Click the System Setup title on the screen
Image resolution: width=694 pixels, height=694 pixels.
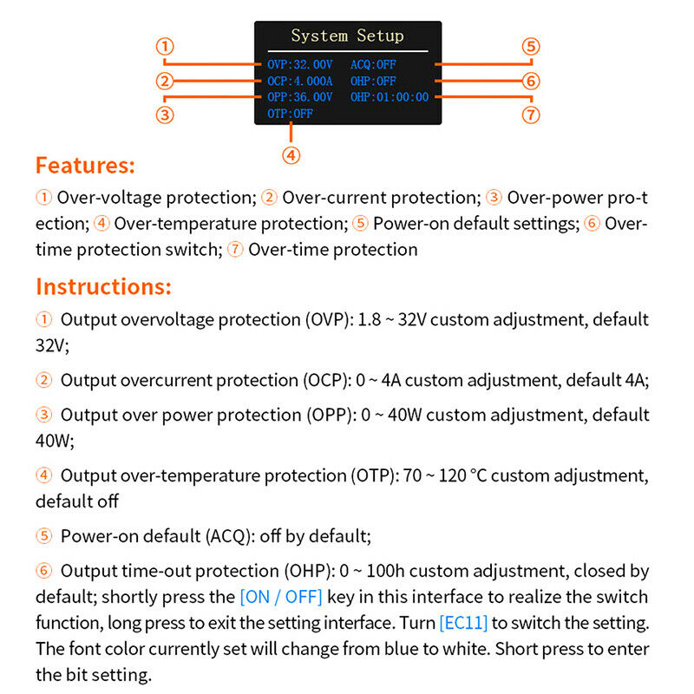tap(347, 36)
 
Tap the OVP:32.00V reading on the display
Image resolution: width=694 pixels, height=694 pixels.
tap(299, 64)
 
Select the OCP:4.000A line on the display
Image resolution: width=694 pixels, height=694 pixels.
tap(299, 81)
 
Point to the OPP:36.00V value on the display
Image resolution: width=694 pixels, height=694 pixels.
tap(299, 97)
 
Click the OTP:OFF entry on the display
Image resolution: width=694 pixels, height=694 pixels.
tap(290, 113)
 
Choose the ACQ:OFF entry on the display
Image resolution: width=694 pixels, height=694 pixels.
tap(373, 64)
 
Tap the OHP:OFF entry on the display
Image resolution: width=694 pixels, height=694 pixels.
tap(373, 81)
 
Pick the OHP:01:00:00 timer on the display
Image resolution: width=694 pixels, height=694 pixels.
tap(390, 97)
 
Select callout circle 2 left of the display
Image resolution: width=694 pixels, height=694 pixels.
tap(167, 82)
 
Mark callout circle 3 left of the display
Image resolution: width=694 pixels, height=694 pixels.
tap(167, 114)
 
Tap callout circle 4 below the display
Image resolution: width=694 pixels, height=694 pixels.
tap(291, 155)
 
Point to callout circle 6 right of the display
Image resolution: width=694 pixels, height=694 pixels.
tap(531, 82)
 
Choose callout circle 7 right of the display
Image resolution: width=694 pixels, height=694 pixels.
tap(531, 114)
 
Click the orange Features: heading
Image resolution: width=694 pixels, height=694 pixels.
tap(85, 166)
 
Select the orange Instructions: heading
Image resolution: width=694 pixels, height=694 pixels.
tap(103, 287)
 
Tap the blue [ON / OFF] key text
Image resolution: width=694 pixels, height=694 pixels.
tap(280, 597)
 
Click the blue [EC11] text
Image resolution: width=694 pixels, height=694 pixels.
tap(463, 623)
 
